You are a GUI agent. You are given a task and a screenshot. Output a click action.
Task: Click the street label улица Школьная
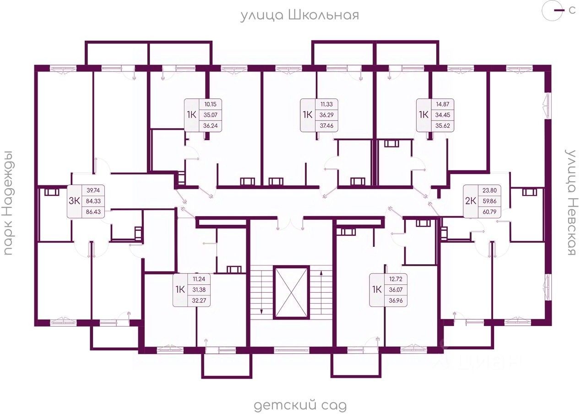(x=300, y=15)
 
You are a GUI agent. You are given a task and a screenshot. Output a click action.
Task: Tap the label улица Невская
(x=570, y=202)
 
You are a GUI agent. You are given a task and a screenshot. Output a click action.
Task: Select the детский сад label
(x=300, y=405)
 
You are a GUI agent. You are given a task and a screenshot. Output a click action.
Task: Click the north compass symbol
(x=553, y=11)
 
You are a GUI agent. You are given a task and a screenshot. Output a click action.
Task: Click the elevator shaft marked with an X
(x=291, y=292)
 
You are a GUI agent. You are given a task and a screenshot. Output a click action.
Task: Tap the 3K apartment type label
(x=74, y=201)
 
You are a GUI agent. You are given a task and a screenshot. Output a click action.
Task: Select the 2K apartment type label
(x=470, y=201)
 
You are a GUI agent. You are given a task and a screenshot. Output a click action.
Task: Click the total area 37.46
(x=326, y=126)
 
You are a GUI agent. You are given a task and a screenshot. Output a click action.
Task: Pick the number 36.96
(x=396, y=301)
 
